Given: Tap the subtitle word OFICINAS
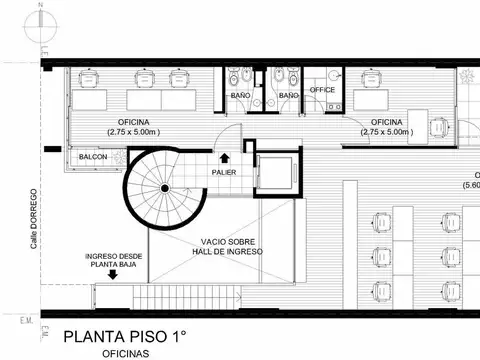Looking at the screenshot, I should click(x=127, y=353).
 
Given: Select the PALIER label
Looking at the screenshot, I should click(x=223, y=173).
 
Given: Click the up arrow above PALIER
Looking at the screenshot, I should click(x=223, y=157).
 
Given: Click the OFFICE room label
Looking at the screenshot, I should click(x=322, y=90).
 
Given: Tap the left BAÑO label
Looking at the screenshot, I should click(x=240, y=95).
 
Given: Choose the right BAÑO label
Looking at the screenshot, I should click(x=288, y=95).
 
